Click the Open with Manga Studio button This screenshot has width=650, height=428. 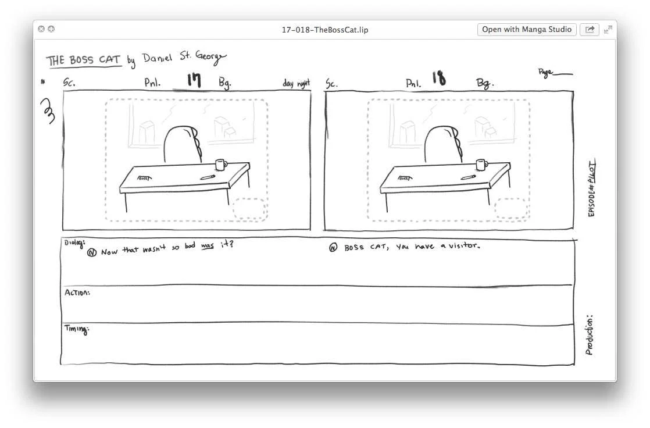(527, 30)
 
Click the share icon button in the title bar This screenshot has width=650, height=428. (589, 30)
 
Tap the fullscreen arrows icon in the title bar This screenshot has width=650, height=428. (608, 30)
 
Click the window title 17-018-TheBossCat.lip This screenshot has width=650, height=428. (325, 30)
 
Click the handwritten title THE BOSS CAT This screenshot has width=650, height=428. (84, 60)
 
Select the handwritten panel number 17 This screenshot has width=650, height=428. (194, 80)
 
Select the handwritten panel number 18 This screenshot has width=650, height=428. (439, 79)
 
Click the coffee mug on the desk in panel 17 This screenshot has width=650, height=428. (220, 165)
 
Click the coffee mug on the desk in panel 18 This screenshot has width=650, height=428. (481, 165)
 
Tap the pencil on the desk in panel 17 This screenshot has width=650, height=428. (207, 177)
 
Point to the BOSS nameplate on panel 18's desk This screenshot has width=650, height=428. (404, 179)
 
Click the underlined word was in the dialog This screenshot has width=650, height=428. (207, 246)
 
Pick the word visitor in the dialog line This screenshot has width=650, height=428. (463, 246)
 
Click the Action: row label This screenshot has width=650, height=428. (77, 293)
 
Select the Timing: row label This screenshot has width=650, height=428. (76, 330)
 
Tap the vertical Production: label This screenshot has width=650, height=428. (590, 336)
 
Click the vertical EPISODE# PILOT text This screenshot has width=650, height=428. (592, 189)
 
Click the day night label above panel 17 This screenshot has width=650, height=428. (296, 84)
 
